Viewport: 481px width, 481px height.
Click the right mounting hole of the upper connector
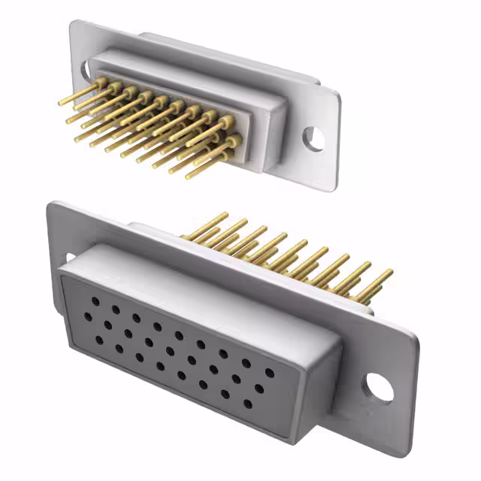313,138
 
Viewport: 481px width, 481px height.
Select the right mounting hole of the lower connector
380,386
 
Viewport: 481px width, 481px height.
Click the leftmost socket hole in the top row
95,301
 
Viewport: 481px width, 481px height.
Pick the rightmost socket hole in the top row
269,372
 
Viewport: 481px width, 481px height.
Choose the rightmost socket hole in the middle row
259,389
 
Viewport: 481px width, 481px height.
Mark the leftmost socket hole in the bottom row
99,340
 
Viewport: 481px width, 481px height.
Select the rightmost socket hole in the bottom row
248,404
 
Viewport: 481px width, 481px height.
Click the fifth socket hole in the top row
179,335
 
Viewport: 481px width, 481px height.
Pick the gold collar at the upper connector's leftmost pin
99,83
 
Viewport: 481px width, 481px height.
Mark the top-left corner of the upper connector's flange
74,23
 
